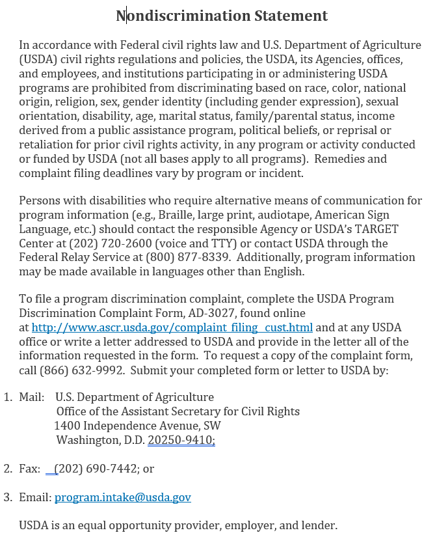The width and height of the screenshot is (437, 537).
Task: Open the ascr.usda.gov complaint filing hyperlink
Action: coord(172,327)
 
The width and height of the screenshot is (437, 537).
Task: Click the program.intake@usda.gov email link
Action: coord(122,497)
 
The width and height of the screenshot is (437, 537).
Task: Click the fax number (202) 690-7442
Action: coord(97,469)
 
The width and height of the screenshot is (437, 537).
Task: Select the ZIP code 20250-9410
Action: coord(181,440)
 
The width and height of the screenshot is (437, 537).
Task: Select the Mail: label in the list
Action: coord(31,397)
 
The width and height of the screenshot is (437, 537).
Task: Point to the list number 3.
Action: coord(8,497)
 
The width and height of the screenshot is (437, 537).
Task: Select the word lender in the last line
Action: coord(319,525)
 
